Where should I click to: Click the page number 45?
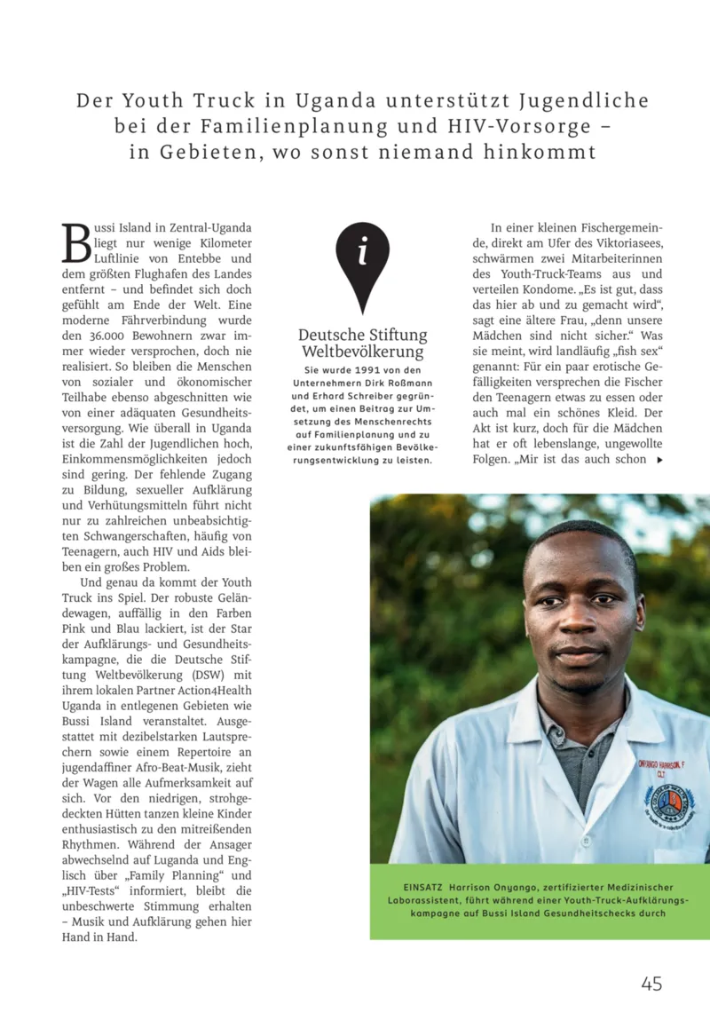point(651,983)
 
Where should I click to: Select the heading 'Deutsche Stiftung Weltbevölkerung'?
point(362,344)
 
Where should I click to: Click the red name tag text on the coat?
point(660,764)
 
